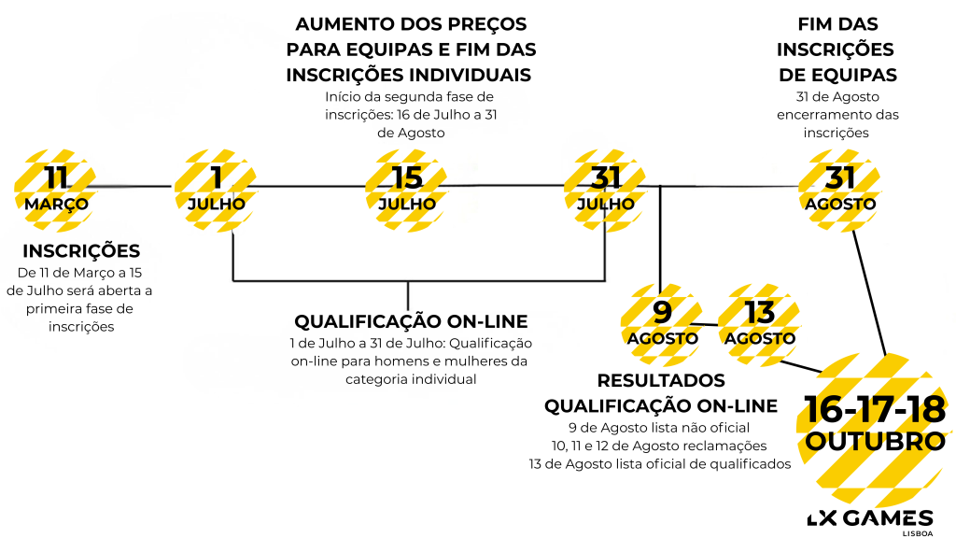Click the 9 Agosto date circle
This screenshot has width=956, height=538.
click(x=662, y=323)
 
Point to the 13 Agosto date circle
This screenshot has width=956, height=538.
click(x=759, y=323)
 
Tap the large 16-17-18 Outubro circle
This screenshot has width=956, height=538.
click(x=875, y=426)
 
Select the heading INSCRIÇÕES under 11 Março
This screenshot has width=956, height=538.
click(x=81, y=251)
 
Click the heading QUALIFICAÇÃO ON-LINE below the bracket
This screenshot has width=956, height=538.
click(x=411, y=321)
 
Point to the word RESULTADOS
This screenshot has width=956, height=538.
click(x=661, y=381)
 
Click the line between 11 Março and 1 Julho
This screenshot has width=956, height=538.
click(x=135, y=185)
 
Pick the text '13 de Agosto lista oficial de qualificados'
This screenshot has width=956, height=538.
click(x=659, y=464)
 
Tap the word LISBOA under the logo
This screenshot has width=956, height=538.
click(x=916, y=533)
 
